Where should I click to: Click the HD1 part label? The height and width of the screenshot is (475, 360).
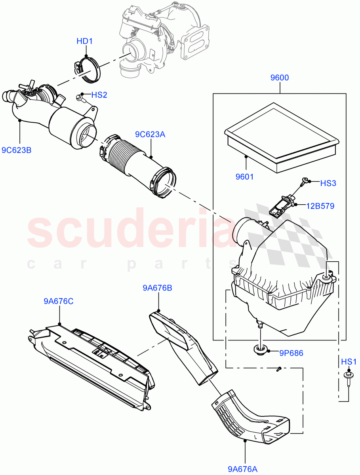tap(84, 41)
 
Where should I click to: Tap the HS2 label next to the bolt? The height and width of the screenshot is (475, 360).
tap(99, 95)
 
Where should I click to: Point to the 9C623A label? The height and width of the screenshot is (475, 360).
tap(150, 134)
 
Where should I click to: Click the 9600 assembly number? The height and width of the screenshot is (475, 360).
tap(280, 78)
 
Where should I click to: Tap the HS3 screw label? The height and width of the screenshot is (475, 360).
tap(328, 183)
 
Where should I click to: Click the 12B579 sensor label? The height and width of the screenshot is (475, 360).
tap(320, 206)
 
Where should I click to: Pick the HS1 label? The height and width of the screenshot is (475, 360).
tap(349, 361)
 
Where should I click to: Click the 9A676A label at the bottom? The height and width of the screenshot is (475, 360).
tap(242, 469)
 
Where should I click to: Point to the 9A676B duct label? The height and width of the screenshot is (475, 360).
tap(157, 288)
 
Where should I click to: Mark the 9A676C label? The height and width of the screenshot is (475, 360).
tap(58, 302)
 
